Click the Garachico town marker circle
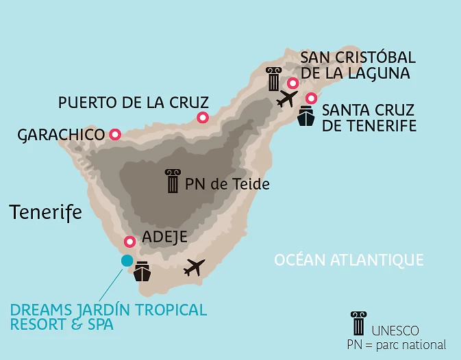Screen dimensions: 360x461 click(x=114, y=135)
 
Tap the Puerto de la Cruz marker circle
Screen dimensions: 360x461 click(x=202, y=118)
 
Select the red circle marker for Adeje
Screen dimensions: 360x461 click(x=129, y=242)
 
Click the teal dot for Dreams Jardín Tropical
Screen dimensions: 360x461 click(x=127, y=260)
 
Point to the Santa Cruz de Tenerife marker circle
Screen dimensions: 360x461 click(x=311, y=98)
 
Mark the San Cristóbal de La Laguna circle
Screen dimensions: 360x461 click(x=292, y=83)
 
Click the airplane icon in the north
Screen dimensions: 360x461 click(x=287, y=99)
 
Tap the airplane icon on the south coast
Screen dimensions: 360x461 click(x=195, y=268)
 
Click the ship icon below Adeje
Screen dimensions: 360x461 click(x=142, y=272)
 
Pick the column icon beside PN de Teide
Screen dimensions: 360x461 click(x=173, y=181)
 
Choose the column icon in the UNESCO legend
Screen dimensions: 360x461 click(x=358, y=324)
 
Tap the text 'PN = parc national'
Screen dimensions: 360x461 click(x=397, y=345)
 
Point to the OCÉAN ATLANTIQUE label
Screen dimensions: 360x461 click(x=349, y=260)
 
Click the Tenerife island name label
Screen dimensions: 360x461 click(x=46, y=212)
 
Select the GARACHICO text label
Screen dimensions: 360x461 click(x=61, y=135)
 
